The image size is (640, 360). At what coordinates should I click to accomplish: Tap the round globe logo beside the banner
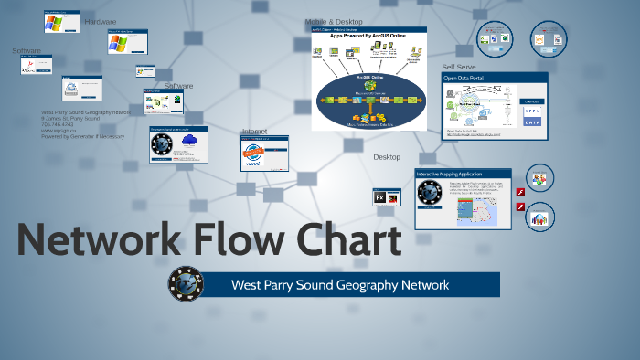[x=186, y=284]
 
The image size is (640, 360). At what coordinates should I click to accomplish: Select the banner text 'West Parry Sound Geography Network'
[x=339, y=285]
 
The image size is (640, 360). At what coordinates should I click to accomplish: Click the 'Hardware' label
[x=100, y=21]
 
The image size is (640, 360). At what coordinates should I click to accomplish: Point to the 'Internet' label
[x=254, y=132]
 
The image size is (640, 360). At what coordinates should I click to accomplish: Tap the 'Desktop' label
[x=387, y=157]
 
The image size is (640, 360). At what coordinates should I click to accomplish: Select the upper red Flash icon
[x=520, y=192]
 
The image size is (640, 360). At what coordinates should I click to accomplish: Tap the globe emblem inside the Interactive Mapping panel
[x=430, y=194]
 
